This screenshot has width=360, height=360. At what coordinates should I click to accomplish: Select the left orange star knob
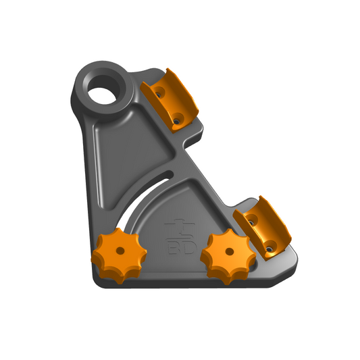click(x=119, y=255)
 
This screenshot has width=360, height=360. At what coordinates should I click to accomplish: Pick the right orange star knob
click(x=228, y=256)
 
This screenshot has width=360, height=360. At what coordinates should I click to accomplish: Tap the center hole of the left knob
click(x=120, y=251)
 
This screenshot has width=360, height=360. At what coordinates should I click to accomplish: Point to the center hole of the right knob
click(x=230, y=252)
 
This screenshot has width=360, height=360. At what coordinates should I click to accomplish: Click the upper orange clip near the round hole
click(x=170, y=101)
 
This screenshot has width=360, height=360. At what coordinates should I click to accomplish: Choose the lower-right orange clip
click(x=262, y=228)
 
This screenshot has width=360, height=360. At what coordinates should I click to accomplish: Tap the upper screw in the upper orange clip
click(x=158, y=94)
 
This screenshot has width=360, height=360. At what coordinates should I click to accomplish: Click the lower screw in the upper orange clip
click(x=176, y=121)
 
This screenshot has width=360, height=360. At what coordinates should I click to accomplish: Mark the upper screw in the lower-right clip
click(x=251, y=222)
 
